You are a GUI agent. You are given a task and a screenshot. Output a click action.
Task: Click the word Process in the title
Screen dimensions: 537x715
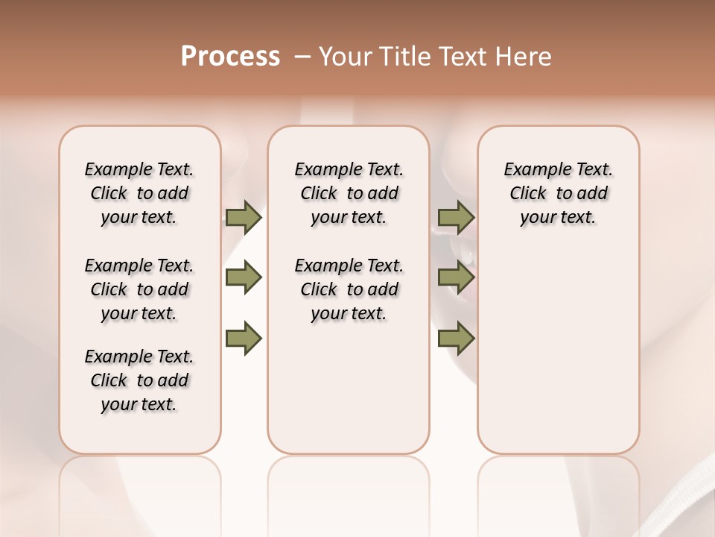pos(230,57)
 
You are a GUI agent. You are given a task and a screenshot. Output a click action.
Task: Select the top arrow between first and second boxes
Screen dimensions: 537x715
pos(244,217)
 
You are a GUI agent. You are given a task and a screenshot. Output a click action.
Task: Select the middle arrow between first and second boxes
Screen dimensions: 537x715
pos(244,277)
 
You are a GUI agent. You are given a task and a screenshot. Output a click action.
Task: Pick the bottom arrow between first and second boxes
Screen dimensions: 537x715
pos(244,339)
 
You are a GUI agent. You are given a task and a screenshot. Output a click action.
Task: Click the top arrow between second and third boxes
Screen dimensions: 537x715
pos(456,217)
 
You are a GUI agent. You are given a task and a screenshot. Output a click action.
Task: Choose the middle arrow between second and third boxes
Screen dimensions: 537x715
pos(456,277)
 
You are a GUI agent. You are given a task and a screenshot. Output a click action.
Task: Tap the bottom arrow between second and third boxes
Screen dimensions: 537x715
pos(456,339)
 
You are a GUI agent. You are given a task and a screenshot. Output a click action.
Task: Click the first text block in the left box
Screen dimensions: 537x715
pos(139,193)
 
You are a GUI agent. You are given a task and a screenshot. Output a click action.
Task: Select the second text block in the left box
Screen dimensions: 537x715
pos(139,289)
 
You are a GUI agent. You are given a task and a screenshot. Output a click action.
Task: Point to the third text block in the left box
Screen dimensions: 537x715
pos(139,380)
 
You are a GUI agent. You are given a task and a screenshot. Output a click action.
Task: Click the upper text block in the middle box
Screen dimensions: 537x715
pos(349,193)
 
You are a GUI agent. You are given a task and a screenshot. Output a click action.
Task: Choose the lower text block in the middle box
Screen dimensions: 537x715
pos(349,289)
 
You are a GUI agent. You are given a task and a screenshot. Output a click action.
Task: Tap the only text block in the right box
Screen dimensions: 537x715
pos(558,193)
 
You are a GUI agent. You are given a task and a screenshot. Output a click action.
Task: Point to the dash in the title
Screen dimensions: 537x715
pos(302,57)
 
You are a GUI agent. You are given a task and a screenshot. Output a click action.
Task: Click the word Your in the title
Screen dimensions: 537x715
pos(346,57)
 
